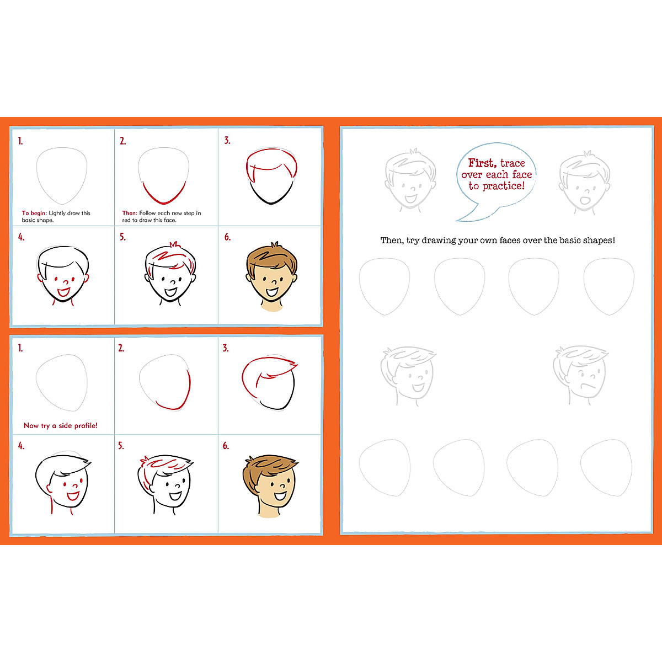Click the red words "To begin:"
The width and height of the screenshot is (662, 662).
pyautogui.click(x=34, y=213)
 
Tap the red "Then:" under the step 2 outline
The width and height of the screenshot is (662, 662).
pyautogui.click(x=130, y=213)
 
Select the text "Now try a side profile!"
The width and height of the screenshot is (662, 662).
pyautogui.click(x=61, y=425)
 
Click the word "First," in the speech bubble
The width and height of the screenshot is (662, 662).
pyautogui.click(x=483, y=163)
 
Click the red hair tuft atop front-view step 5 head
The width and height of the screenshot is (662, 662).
pyautogui.click(x=174, y=244)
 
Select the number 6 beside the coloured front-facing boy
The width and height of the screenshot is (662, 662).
pyautogui.click(x=227, y=237)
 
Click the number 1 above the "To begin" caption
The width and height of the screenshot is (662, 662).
pyautogui.click(x=20, y=141)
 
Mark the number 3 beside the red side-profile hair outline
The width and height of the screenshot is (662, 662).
pyautogui.click(x=226, y=348)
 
